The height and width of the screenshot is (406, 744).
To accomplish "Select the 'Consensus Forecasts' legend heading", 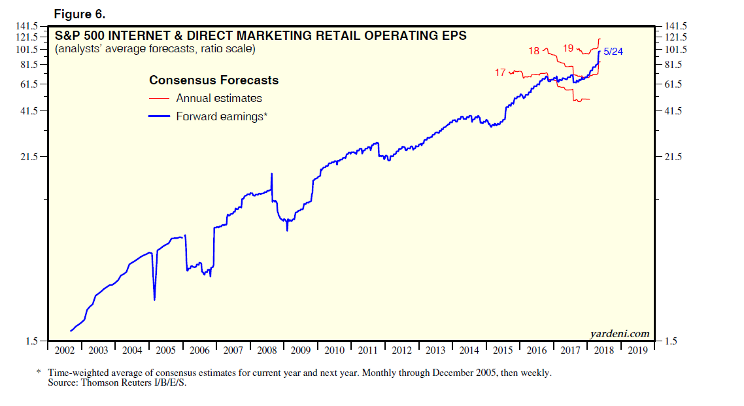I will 214,80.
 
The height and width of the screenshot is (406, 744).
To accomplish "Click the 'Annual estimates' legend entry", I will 219,98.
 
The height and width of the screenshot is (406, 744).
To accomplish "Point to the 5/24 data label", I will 613,52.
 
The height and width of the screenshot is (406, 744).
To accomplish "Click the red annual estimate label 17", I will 500,73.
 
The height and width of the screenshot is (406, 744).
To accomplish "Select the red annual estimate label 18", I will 533,51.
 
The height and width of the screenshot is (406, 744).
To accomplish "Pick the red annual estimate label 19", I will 567,48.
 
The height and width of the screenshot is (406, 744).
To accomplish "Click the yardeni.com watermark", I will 620,333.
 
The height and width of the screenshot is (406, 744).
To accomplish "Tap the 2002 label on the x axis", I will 65,350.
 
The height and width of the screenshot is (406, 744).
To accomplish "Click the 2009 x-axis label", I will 300,350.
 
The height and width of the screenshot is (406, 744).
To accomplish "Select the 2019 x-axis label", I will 637,350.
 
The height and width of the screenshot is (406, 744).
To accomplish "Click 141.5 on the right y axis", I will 676,25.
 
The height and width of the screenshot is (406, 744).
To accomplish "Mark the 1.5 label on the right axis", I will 671,341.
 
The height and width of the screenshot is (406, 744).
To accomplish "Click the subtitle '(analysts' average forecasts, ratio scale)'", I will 156,49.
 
